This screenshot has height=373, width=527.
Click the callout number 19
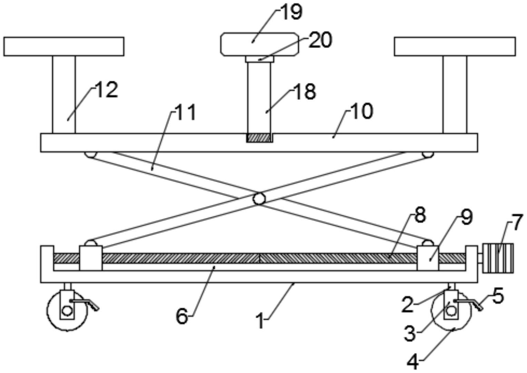click(x=291, y=12)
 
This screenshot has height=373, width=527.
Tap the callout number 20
click(x=320, y=40)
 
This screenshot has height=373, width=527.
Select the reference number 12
click(x=107, y=90)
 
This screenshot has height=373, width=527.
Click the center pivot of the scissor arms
click(x=259, y=199)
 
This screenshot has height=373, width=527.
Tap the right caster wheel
click(x=451, y=311)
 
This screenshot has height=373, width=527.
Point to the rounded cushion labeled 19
click(x=259, y=44)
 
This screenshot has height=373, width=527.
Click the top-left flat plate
click(x=64, y=47)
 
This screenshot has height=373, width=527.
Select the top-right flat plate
click(x=455, y=47)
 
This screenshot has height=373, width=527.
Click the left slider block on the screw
click(x=90, y=258)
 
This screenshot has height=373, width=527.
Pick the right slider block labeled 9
click(x=428, y=258)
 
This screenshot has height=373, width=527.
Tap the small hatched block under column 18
click(x=259, y=137)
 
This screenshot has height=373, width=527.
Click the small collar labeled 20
click(x=259, y=59)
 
